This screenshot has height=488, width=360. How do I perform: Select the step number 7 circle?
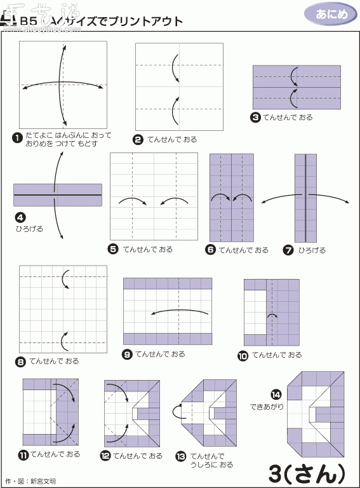pyautogui.click(x=289, y=250)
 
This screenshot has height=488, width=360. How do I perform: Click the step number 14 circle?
pyautogui.click(x=276, y=393)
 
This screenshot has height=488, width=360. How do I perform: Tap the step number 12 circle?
pyautogui.click(x=105, y=456)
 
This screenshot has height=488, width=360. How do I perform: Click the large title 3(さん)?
pyautogui.click(x=307, y=473)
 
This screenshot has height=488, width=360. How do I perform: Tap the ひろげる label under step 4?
pyautogui.click(x=30, y=228)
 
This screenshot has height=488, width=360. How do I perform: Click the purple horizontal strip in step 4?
pyautogui.click(x=58, y=194)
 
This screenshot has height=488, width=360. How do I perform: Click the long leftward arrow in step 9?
pyautogui.click(x=180, y=311)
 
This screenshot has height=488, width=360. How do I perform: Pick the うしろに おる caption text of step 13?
pyautogui.click(x=211, y=464)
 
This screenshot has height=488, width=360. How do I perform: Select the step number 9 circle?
pyautogui.click(x=127, y=355)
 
